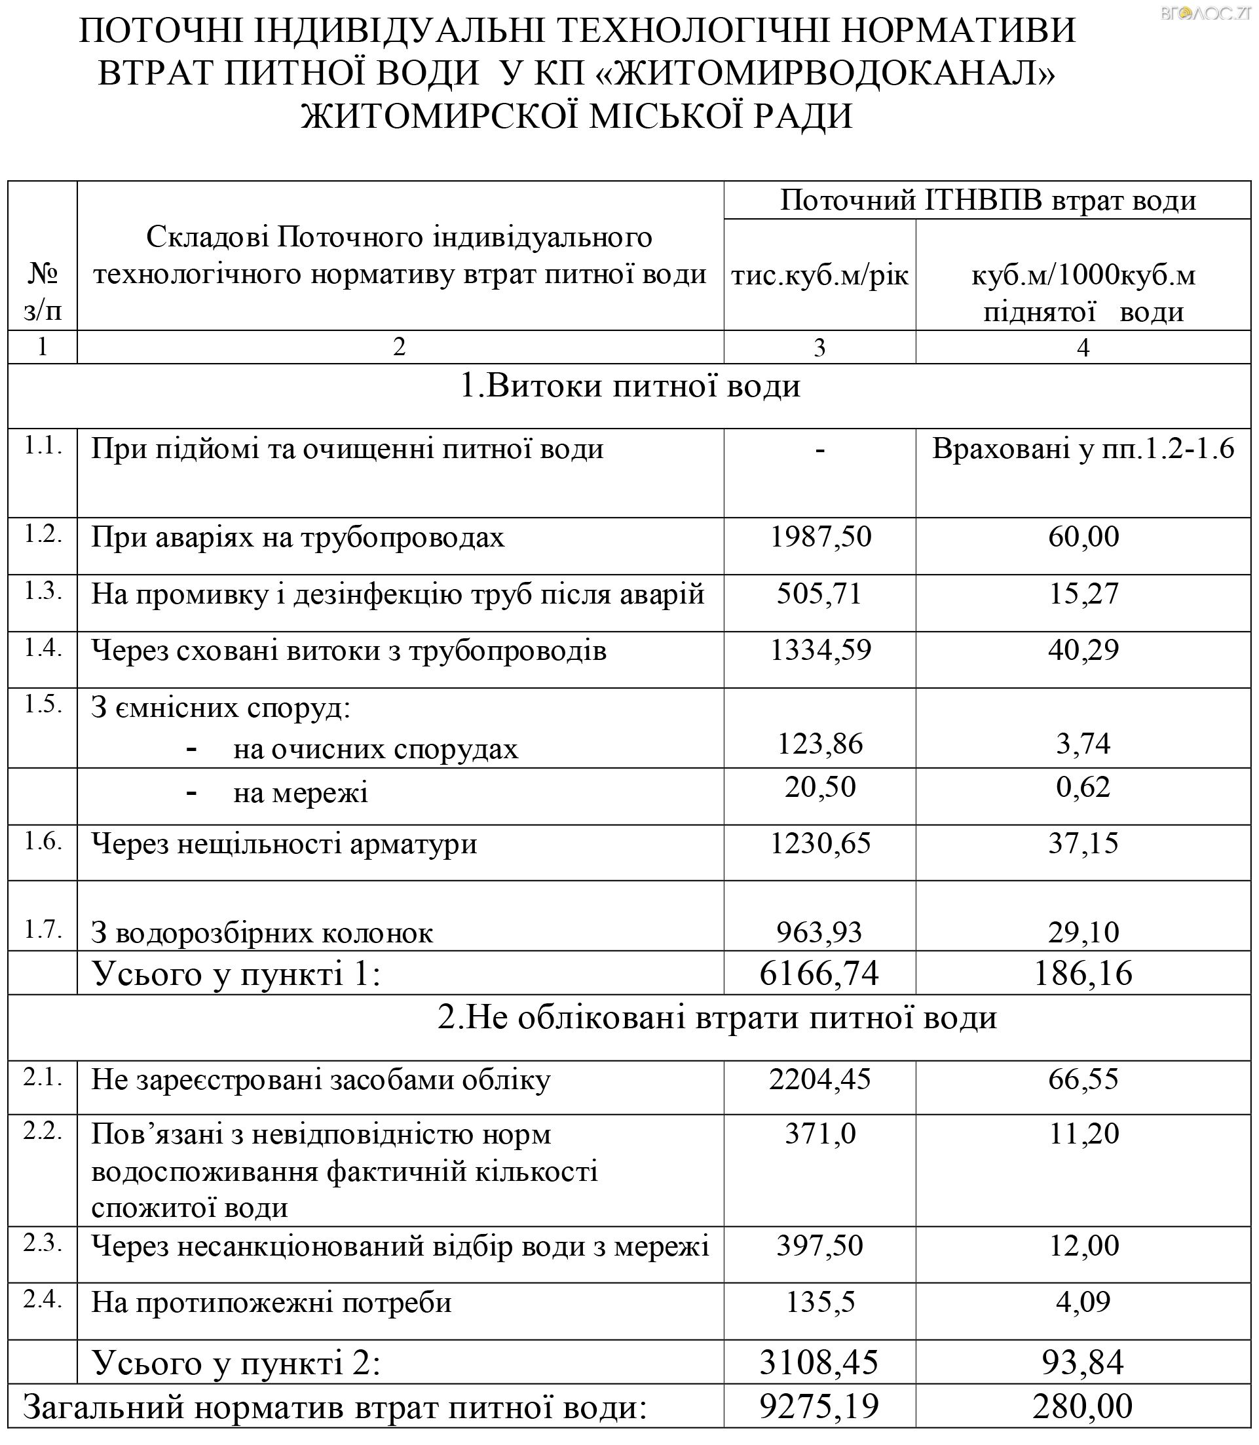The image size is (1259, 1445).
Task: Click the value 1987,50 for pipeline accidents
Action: point(820,537)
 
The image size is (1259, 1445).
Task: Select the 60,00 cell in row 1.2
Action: point(1083,537)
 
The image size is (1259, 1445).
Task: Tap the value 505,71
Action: point(819,594)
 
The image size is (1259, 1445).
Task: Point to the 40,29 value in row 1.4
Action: point(1083,651)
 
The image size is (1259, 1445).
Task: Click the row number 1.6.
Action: point(43,841)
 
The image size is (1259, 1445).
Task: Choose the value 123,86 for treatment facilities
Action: point(819,744)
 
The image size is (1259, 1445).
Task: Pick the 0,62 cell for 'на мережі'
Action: point(1083,787)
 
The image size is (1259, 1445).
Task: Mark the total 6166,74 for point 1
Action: point(819,973)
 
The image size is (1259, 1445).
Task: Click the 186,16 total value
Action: point(1083,973)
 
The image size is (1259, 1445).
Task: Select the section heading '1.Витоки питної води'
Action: point(629,387)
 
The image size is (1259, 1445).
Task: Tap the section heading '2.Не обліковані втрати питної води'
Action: point(717,1018)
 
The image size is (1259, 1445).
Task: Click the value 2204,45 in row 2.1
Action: point(819,1079)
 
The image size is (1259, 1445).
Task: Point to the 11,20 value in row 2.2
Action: point(1083,1134)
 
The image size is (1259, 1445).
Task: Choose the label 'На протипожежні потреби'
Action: point(271,1303)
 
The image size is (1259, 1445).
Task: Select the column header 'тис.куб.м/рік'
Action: point(819,275)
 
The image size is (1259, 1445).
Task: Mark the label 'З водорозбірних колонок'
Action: point(262,933)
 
